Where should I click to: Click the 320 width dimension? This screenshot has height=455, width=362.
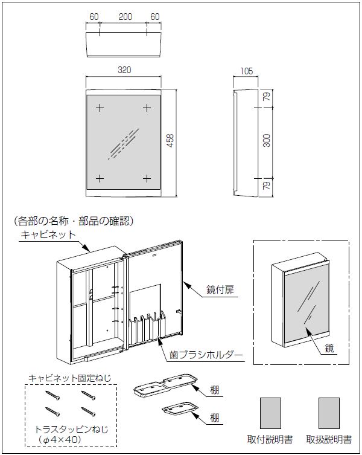click(x=125, y=70)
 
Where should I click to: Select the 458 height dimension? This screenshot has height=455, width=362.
click(x=171, y=140)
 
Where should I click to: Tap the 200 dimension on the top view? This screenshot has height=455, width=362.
click(x=125, y=17)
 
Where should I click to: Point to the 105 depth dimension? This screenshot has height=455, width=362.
click(x=246, y=71)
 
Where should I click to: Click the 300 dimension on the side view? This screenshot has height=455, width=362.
click(x=267, y=140)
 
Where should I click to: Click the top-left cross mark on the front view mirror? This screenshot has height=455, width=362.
click(x=100, y=108)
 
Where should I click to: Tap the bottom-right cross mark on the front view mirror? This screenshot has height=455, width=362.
click(x=147, y=178)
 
